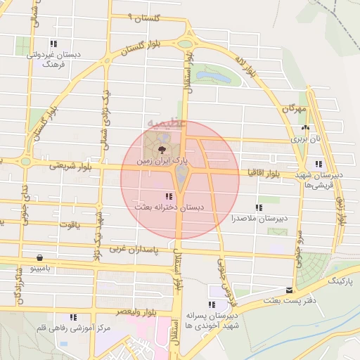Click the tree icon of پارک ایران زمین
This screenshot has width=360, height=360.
(x=163, y=150)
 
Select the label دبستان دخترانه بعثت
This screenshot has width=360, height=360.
(x=168, y=208)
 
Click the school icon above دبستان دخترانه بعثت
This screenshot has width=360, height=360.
(x=167, y=197)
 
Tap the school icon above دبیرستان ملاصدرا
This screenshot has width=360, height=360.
(x=259, y=207)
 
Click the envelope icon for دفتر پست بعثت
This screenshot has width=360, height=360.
(x=289, y=290)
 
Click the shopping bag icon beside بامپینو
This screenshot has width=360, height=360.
(x=38, y=257)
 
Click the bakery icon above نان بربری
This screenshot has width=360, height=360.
(x=305, y=128)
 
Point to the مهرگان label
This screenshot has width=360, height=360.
(x=295, y=110)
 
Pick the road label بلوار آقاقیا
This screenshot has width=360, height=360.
(x=264, y=172)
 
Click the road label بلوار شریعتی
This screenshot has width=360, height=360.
(x=70, y=167)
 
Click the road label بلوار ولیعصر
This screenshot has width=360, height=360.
(x=116, y=310)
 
